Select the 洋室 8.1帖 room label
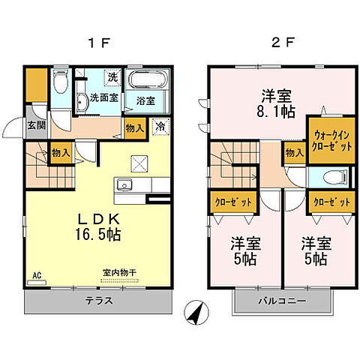(x=276, y=103)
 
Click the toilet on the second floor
(x=336, y=177)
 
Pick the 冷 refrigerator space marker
(x=159, y=127)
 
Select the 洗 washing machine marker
(x=112, y=77)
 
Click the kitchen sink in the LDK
(x=124, y=185)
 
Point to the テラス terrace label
(x=97, y=301)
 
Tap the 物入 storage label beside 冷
(x=134, y=128)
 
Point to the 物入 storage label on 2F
(x=294, y=153)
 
